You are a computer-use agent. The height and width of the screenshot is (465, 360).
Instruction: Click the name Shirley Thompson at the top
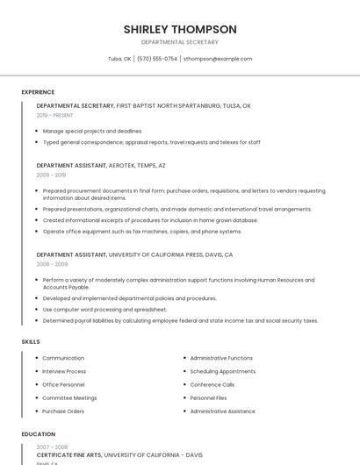180,29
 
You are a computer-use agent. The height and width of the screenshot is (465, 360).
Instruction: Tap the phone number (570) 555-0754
157,59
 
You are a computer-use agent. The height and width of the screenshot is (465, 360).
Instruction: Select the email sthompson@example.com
218,59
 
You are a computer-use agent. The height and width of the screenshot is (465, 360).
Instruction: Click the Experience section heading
38,92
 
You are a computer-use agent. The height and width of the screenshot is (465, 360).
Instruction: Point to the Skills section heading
31,341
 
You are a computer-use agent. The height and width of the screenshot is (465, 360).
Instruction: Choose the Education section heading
38,434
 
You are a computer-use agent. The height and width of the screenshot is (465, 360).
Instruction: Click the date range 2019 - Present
54,115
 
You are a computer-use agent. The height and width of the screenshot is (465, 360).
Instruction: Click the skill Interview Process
64,371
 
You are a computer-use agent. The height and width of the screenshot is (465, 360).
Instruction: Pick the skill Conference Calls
212,384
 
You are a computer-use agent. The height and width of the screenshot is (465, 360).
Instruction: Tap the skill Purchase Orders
63,411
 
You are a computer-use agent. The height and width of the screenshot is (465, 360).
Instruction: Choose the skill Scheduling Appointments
222,371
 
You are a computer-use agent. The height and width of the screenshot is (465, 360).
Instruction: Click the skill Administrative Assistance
222,411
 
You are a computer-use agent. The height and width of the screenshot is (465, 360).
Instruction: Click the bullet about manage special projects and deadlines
92,131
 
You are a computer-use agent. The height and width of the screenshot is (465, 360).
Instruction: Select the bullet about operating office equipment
142,232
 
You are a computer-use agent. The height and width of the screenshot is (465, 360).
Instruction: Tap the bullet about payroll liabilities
180,321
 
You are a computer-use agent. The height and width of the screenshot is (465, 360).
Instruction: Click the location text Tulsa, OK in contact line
119,59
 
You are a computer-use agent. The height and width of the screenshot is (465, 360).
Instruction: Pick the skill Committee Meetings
69,397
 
